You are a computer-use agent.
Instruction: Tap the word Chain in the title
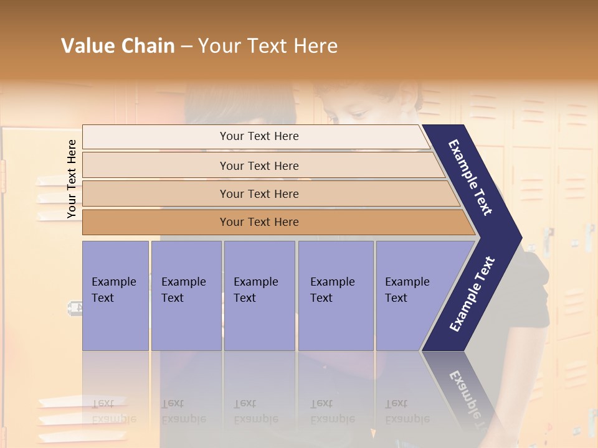tap(148, 46)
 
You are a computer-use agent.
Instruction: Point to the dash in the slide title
tap(186, 47)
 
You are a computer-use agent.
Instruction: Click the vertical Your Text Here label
tap(72, 179)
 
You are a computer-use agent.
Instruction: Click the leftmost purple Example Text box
tap(115, 296)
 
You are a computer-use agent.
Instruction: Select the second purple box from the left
tap(186, 296)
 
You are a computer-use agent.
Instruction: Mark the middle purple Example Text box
tap(259, 296)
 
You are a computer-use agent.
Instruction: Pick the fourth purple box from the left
tap(336, 296)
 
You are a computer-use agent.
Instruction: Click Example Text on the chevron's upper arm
tap(471, 177)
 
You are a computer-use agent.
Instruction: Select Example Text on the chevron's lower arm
tap(472, 294)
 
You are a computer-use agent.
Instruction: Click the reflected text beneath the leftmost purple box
tap(114, 411)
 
